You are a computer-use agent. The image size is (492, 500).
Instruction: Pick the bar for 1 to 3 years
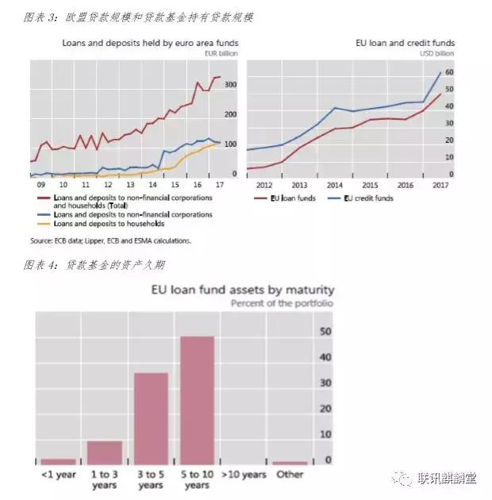[x=104, y=453]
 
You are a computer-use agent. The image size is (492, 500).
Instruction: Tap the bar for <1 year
[x=58, y=462]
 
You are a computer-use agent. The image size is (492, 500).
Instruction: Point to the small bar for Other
[x=290, y=463]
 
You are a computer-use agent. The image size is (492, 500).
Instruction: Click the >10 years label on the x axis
[x=243, y=475]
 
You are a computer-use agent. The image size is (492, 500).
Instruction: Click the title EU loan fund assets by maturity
[x=243, y=290]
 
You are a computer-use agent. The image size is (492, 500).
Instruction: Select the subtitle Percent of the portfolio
[x=283, y=303]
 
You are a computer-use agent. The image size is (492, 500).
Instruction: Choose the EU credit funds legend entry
[x=367, y=198]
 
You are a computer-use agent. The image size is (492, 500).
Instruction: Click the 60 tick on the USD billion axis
[x=448, y=72]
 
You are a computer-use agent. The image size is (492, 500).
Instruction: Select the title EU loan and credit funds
[x=406, y=43]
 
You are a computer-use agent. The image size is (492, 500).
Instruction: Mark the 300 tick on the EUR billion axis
[x=231, y=84]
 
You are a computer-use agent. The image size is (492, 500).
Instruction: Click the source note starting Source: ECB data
[x=110, y=240]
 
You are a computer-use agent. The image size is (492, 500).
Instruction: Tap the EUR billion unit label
[x=221, y=53]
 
